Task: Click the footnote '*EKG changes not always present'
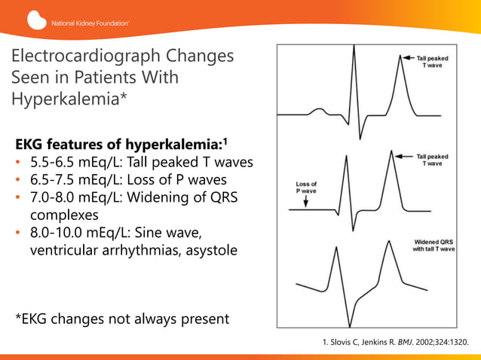click(x=122, y=319)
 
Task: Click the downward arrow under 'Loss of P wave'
click(x=305, y=203)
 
